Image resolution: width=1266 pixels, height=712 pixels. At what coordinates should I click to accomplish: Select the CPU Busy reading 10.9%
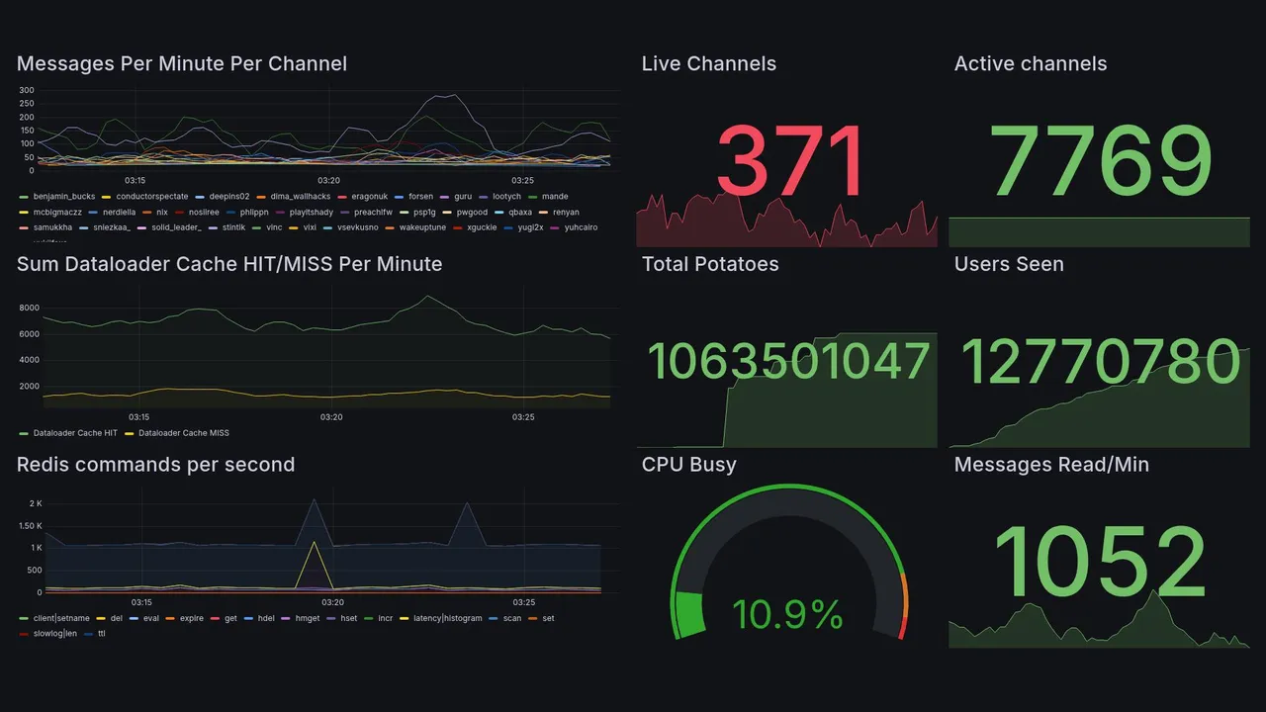787,616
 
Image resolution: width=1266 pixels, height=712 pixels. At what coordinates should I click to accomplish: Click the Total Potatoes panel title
710,264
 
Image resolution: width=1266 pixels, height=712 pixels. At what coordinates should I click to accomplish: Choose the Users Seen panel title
1009,264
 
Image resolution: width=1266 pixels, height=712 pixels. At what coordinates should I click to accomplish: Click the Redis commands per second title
155,465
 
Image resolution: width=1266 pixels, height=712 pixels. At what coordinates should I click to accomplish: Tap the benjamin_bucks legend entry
63,197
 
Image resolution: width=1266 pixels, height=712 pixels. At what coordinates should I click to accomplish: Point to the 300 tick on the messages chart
27,91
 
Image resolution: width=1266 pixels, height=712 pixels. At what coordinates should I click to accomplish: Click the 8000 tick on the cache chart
28,308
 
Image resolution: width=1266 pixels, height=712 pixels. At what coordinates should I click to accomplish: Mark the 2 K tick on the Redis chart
35,503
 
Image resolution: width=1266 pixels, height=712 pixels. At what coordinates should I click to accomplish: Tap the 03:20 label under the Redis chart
333,602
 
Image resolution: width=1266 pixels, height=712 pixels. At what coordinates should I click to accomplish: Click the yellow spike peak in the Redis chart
315,542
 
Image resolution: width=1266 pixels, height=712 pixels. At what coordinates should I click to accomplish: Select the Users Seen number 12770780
1100,362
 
